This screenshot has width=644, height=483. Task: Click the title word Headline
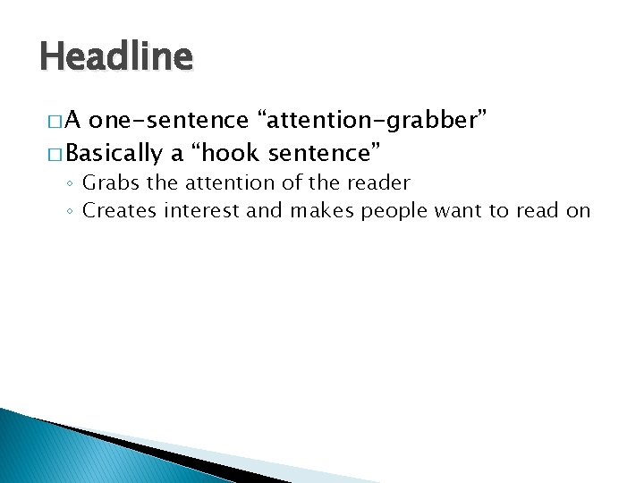pos(116,57)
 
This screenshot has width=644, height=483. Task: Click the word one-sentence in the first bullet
pos(170,119)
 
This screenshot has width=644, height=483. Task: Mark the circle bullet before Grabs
pos(70,184)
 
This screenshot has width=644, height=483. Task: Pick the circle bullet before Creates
pos(70,211)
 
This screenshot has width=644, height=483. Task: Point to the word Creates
pos(114,210)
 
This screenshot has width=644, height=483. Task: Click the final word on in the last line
pos(579,211)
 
